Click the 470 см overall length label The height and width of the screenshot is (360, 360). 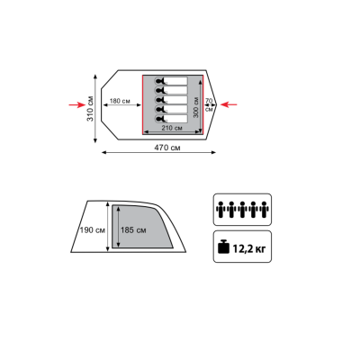(x=167, y=148)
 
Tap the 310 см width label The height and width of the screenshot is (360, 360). (x=90, y=109)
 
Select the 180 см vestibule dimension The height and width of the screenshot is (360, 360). (x=120, y=101)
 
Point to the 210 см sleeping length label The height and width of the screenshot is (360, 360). (x=172, y=128)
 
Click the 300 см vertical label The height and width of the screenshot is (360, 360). (x=196, y=107)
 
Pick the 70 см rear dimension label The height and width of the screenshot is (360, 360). (x=209, y=104)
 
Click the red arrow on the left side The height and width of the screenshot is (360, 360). (x=77, y=104)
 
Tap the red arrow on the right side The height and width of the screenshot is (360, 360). (x=229, y=104)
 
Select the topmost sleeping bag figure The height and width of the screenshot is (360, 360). (x=171, y=81)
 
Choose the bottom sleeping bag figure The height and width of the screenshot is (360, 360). (x=171, y=119)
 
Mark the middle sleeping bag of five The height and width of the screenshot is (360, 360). (x=171, y=100)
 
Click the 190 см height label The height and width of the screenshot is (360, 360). (x=93, y=230)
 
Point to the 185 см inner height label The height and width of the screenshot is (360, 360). (x=133, y=230)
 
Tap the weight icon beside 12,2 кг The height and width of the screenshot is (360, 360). (x=223, y=247)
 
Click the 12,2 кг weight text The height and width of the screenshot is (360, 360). (x=249, y=248)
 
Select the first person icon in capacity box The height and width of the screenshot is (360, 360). (x=221, y=210)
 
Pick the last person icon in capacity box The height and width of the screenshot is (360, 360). (x=264, y=210)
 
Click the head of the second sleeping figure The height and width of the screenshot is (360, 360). (x=158, y=90)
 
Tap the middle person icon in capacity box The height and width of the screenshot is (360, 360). (x=242, y=210)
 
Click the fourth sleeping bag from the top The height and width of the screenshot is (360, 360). (x=171, y=109)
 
